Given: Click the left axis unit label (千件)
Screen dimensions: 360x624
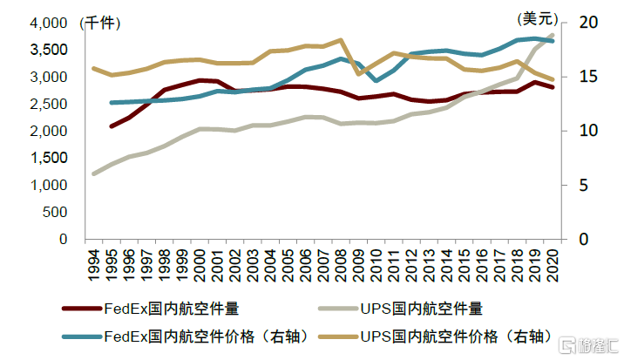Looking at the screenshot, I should [100, 23].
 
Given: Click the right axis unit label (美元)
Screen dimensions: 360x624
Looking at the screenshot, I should [532, 17].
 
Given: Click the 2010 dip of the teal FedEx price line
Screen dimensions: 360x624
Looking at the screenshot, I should [376, 80].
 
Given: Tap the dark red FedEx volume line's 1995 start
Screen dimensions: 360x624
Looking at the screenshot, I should [112, 126].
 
